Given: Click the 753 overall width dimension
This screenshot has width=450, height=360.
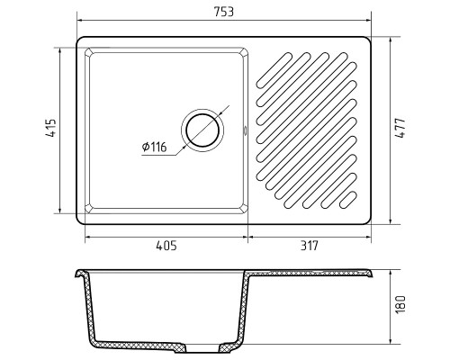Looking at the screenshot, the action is pos(223,12).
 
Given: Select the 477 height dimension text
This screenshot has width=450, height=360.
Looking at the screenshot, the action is pos(400,129).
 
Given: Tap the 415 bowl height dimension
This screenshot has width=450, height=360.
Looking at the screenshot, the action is pos(51,129).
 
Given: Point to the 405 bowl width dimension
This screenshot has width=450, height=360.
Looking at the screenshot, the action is pos(166,246).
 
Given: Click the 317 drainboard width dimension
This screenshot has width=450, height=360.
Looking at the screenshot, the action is pos(309,246).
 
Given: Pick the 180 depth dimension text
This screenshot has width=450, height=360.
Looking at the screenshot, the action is pos(400,305).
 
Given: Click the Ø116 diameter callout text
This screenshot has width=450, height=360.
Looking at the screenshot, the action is pos(154,147).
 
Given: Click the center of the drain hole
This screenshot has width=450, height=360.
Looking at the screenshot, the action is pos(202,130).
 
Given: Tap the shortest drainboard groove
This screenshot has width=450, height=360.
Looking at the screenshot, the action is pos(348,200).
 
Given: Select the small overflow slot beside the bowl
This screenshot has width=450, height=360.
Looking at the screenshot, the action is pos(245,130).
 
